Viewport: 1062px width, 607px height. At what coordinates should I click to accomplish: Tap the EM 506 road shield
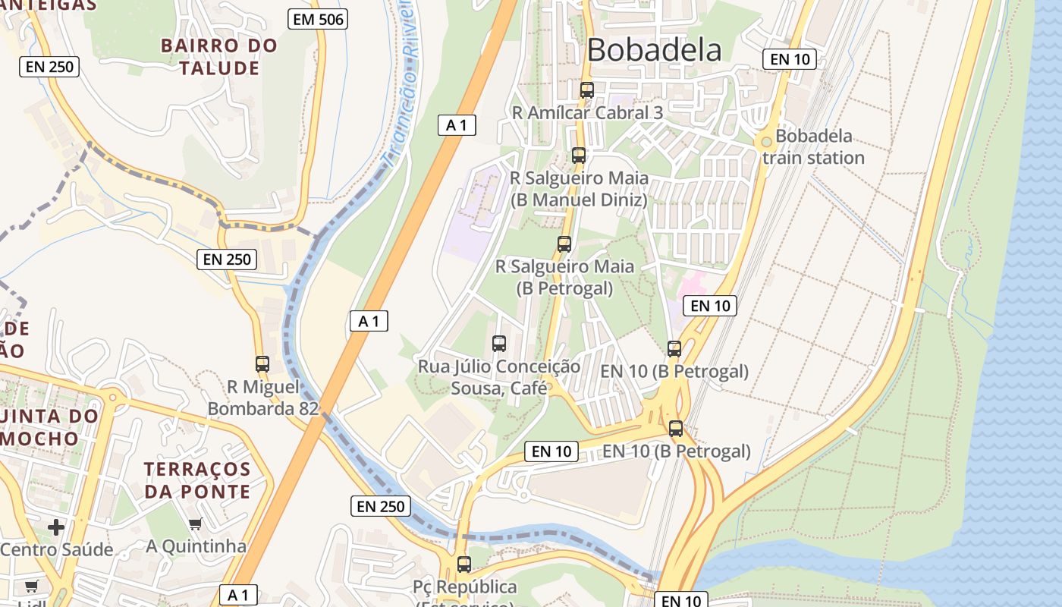point(318,20)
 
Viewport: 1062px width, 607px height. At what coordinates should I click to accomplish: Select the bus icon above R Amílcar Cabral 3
point(586,90)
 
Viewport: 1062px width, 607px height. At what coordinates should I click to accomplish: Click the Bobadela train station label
point(813,147)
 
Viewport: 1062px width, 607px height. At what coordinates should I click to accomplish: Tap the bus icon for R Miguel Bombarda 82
point(262,364)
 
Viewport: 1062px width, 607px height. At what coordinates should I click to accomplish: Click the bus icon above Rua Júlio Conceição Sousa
point(499,344)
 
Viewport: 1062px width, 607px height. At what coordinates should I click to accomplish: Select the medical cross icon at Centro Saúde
point(56,527)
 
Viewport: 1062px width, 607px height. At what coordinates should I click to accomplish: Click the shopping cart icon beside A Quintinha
point(196,524)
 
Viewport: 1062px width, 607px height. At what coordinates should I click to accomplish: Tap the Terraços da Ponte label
point(197,480)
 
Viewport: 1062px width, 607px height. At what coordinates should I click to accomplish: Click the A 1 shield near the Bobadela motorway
point(457,125)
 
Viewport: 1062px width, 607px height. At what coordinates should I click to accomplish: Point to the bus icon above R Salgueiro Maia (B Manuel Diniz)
point(579,156)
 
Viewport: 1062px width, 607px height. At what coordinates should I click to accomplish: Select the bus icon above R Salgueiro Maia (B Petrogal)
point(564,244)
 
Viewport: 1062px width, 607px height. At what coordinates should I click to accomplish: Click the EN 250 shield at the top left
point(49,67)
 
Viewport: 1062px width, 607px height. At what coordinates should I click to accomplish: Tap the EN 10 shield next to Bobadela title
point(789,59)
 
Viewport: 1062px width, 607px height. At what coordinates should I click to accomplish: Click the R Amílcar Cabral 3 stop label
point(587,112)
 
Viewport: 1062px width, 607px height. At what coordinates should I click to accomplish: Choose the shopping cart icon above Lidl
point(31,586)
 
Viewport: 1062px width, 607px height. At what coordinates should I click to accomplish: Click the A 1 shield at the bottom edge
point(238,595)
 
